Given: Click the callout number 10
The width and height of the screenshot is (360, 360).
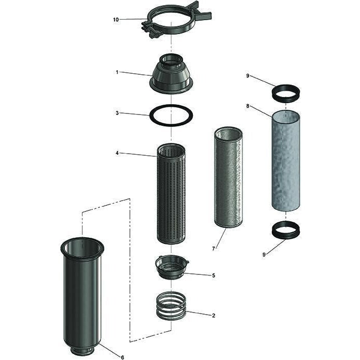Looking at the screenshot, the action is (116, 20).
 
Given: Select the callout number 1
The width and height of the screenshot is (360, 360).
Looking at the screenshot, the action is (117, 72).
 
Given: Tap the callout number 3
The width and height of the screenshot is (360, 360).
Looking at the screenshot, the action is (117, 113).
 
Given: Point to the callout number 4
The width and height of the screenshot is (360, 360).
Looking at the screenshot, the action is (117, 153).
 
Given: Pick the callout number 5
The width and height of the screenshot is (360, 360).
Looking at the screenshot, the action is (214, 275).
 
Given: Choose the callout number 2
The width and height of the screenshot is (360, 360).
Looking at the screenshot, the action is (214, 316).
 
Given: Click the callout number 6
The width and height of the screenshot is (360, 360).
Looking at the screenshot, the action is (123, 357).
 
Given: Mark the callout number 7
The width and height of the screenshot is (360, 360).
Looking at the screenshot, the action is (214, 249).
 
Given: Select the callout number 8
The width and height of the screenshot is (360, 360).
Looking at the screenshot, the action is (248, 106).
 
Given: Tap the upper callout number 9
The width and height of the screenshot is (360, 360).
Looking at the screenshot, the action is (248, 75).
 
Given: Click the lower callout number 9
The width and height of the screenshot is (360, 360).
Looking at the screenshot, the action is (264, 254).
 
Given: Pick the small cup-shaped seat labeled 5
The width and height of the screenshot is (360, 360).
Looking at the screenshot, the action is (172, 268).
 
